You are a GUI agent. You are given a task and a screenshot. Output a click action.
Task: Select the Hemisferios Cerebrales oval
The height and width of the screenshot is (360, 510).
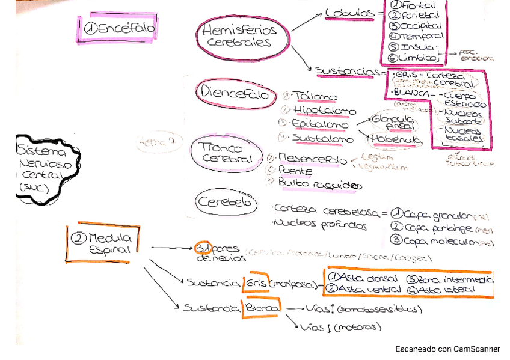click(239, 36)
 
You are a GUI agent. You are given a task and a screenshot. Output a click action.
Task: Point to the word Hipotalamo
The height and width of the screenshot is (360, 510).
click(324, 111)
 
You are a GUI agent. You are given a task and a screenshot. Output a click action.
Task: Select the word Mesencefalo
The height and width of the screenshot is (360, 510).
click(313, 159)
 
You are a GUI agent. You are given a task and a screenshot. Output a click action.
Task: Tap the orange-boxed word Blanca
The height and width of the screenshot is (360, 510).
click(261, 308)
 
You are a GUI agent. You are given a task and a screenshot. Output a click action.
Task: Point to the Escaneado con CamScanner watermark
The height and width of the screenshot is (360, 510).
click(447, 349)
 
